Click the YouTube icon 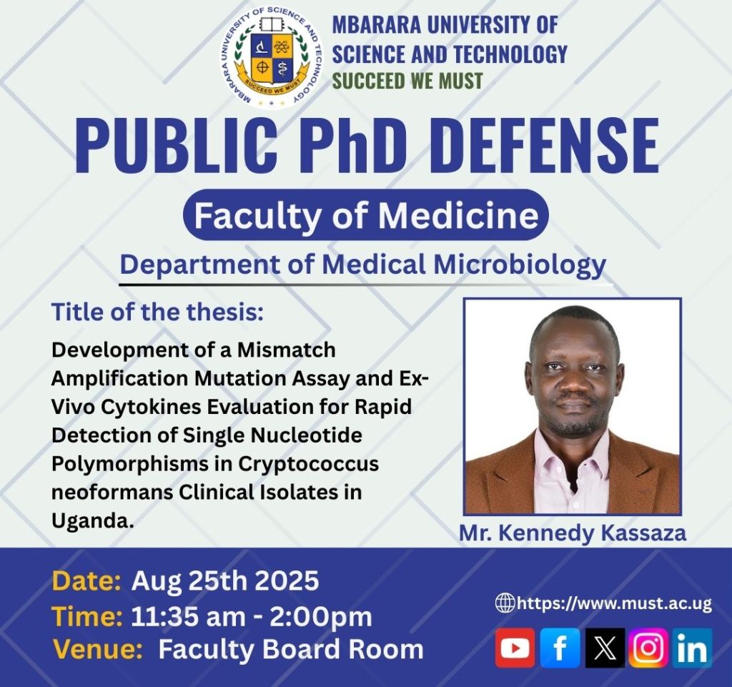click(x=515, y=648)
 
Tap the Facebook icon click(x=560, y=648)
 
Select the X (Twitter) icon click(x=605, y=648)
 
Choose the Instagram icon click(x=648, y=648)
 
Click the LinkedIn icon click(x=692, y=648)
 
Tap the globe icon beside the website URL click(x=505, y=603)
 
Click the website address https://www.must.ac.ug click(x=614, y=603)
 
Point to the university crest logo click(x=272, y=57)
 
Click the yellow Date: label click(x=86, y=581)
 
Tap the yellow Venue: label click(x=97, y=649)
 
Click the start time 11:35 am click(x=188, y=616)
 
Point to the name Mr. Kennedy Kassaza click(x=573, y=533)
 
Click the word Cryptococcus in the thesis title click(x=309, y=464)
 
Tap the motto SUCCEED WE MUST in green click(x=407, y=81)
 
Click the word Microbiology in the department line click(x=520, y=265)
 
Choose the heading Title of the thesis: click(x=158, y=312)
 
